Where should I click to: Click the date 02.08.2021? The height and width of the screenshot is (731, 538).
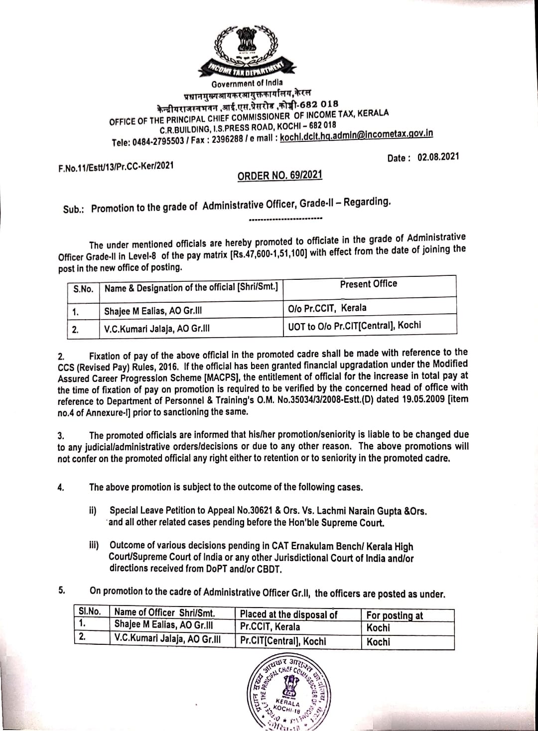(438, 157)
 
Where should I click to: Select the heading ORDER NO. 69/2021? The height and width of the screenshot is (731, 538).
(279, 175)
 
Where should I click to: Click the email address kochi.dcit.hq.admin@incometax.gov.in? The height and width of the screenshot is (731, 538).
(356, 135)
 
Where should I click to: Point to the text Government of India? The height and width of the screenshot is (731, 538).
(247, 83)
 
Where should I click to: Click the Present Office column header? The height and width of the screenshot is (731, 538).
(369, 284)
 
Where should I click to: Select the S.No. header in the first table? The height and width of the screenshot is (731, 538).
(83, 289)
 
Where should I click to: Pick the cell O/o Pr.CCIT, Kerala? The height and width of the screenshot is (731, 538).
(327, 308)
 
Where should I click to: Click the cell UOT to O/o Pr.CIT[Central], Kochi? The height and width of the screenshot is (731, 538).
(354, 326)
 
